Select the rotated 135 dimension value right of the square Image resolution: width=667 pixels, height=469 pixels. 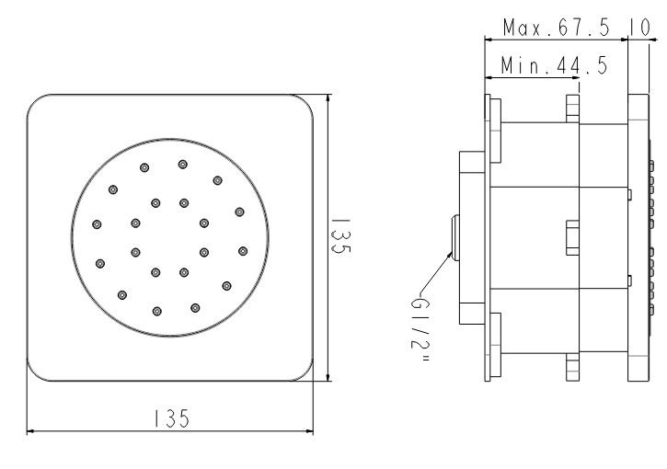(341, 237)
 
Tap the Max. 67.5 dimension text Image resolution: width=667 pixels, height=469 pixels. (558, 29)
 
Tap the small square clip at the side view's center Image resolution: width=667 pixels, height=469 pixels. (571, 237)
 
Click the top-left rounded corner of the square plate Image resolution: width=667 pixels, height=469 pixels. (35, 102)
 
